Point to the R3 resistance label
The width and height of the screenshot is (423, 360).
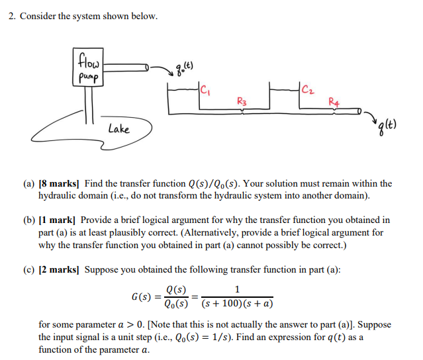coord(241,102)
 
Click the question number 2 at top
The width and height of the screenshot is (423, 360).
coord(12,16)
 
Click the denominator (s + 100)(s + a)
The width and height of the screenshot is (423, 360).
coord(238,304)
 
